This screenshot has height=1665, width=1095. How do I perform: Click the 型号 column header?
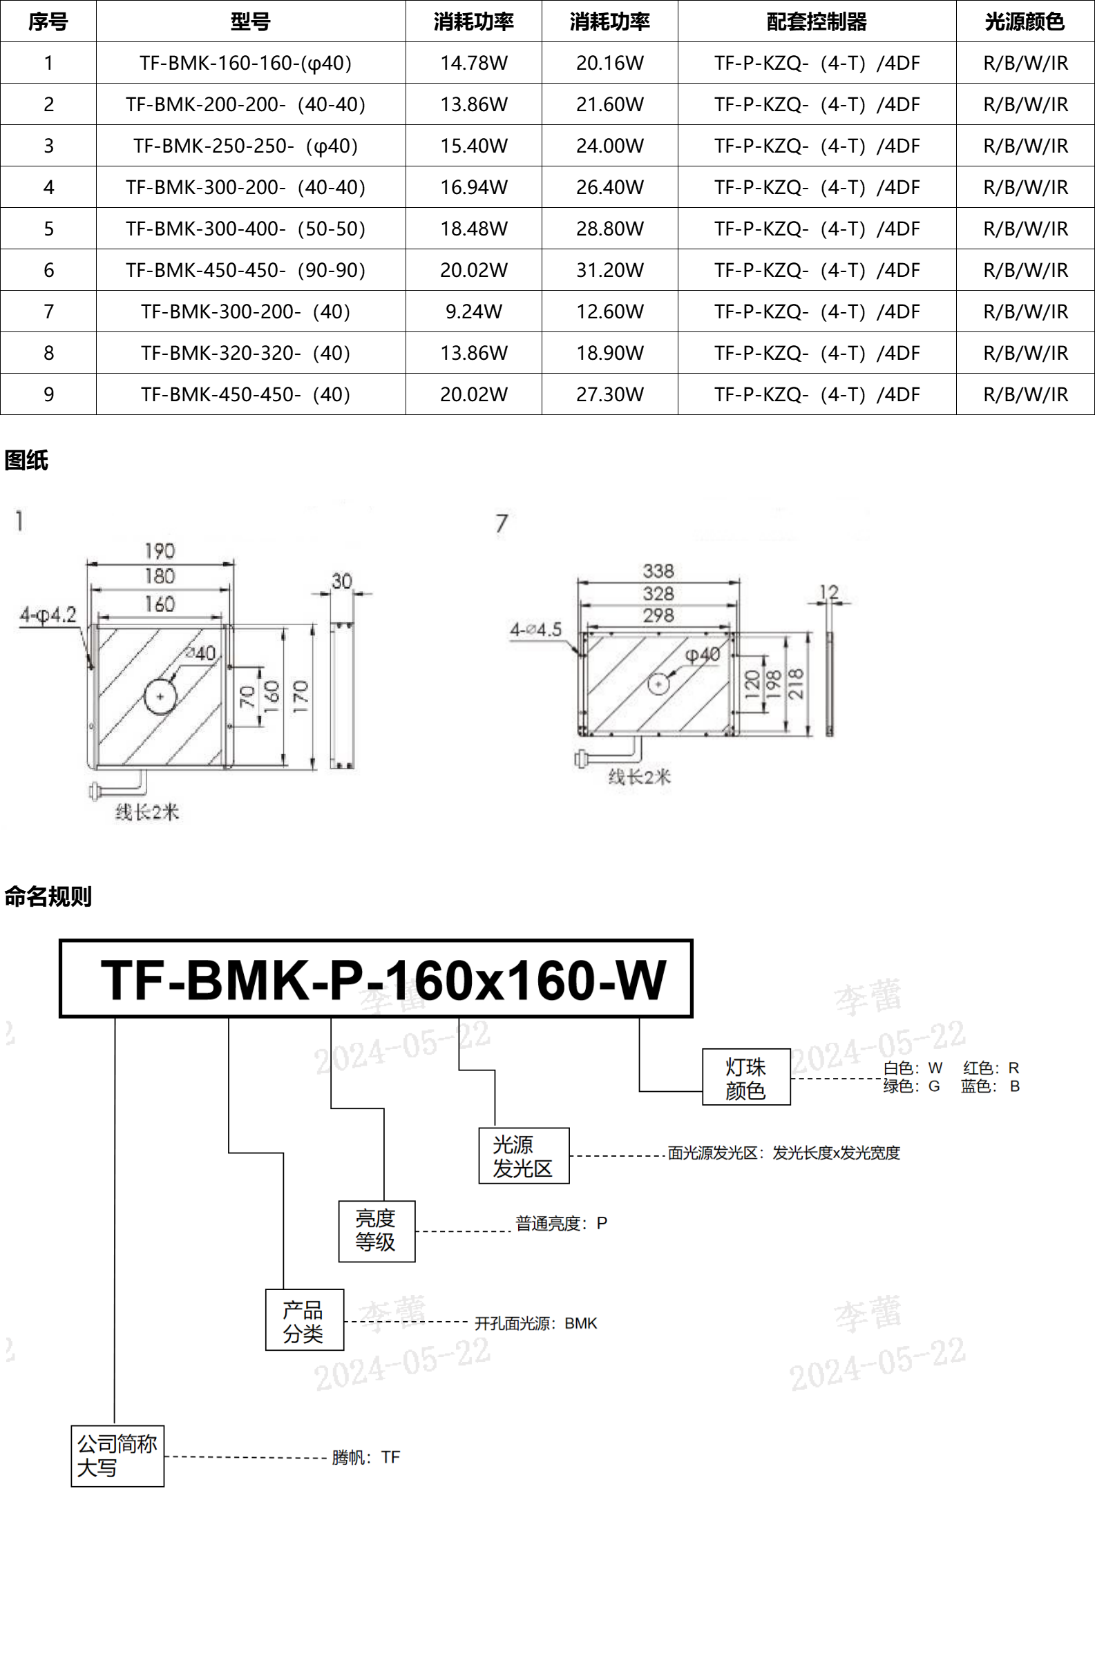[x=250, y=21]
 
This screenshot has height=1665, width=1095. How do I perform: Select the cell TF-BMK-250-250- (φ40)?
[x=245, y=146]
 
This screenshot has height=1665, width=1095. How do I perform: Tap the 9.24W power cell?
[x=473, y=311]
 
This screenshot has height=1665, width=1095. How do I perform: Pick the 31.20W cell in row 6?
[x=609, y=270]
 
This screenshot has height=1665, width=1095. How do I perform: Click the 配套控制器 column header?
[x=816, y=21]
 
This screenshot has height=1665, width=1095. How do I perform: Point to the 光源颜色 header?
[x=1025, y=21]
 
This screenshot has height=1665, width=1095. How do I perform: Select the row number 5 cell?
[x=48, y=229]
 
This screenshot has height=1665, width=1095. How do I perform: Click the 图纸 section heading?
[x=26, y=461]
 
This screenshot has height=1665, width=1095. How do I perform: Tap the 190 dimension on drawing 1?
[x=160, y=551]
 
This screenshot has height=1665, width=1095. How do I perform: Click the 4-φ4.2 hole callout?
[x=48, y=615]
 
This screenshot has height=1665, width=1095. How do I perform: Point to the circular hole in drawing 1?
[x=160, y=696]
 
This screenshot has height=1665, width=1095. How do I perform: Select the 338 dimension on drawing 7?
[x=658, y=572]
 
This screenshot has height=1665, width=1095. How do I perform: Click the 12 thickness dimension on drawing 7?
[x=828, y=593]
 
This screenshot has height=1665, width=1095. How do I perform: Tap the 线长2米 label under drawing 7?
[x=639, y=776]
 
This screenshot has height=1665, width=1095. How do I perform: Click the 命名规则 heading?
[x=48, y=896]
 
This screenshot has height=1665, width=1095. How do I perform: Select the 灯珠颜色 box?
[x=746, y=1078]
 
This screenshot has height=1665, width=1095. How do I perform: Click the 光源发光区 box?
[x=524, y=1156]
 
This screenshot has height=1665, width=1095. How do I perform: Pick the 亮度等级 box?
[x=377, y=1231]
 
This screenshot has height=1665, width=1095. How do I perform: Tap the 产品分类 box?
[x=305, y=1320]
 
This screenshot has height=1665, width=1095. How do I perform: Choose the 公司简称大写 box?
[x=117, y=1456]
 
